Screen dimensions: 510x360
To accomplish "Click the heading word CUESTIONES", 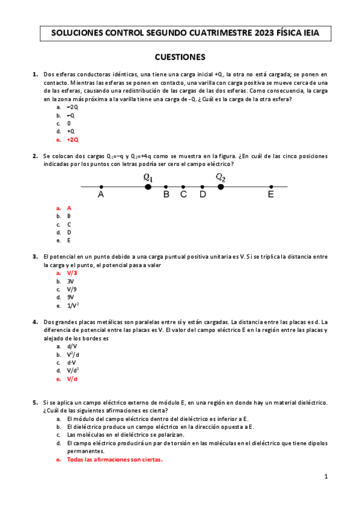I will [x=180, y=57].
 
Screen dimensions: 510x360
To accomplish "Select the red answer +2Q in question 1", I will [x=73, y=140].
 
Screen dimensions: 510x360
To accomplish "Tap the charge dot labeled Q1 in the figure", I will [x=148, y=187].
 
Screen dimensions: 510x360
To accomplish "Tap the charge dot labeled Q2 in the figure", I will [x=221, y=187].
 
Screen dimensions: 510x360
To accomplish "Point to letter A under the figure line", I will [x=101, y=195].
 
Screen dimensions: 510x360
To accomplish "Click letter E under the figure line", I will [x=271, y=195].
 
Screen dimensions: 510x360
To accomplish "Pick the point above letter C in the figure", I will [x=183, y=187].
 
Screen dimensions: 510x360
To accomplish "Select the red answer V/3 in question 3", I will [x=72, y=272].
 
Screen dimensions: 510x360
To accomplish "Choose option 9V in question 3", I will [x=70, y=297].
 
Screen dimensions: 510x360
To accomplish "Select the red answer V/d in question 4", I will [x=73, y=379].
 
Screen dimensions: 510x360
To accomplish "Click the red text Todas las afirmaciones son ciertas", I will [x=115, y=459].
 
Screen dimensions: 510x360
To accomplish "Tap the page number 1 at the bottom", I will [x=326, y=477].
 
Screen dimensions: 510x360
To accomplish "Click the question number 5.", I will [x=35, y=402].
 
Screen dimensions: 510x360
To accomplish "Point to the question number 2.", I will [x=35, y=156].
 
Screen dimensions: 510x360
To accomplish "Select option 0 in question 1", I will [x=69, y=123].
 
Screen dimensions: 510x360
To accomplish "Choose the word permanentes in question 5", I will [x=85, y=451].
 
